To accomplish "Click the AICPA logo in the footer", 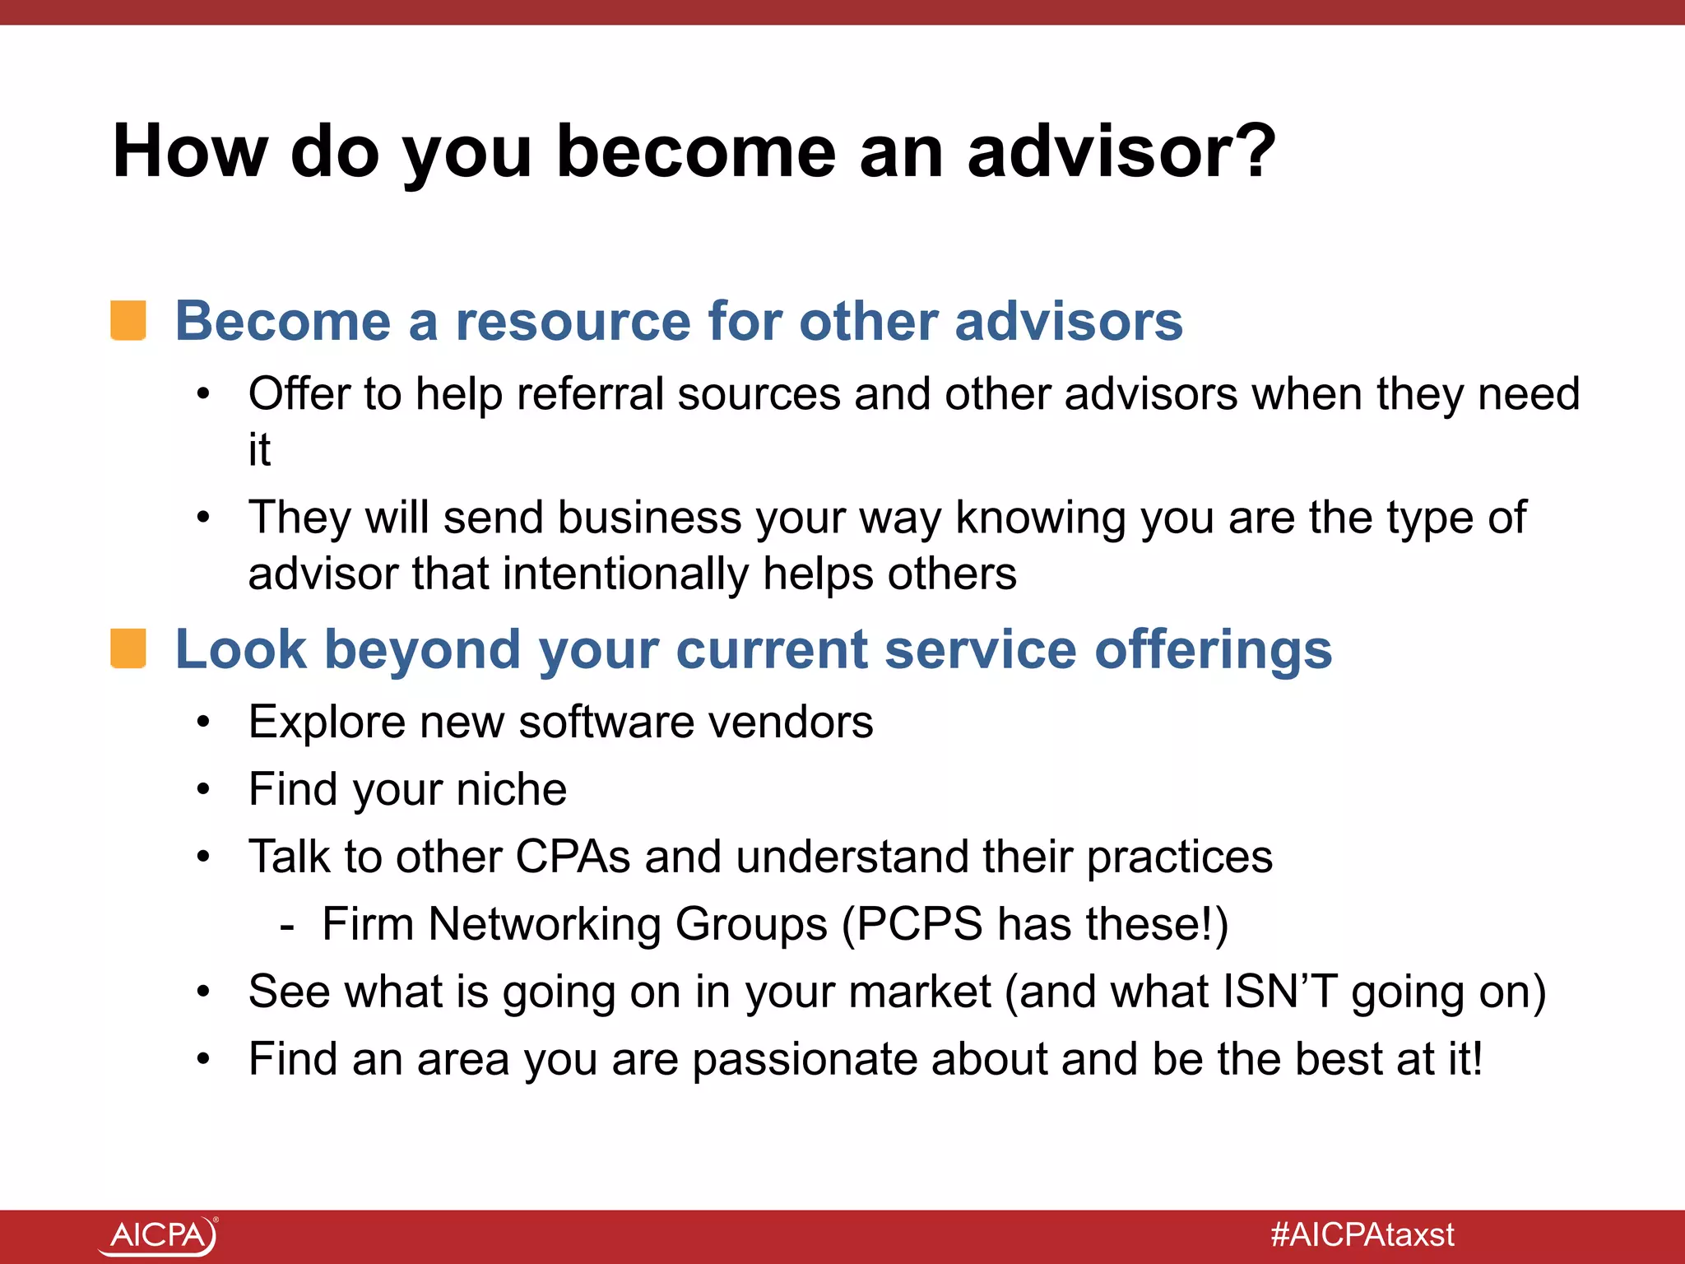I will (x=158, y=1235).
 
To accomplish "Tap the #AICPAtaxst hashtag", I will (x=1362, y=1235).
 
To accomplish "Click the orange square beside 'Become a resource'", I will (x=128, y=320).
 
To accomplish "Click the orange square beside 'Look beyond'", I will (x=128, y=648).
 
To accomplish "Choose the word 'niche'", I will (x=511, y=789).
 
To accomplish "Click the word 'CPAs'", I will (x=573, y=857).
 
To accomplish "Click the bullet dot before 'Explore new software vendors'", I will (x=203, y=723).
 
